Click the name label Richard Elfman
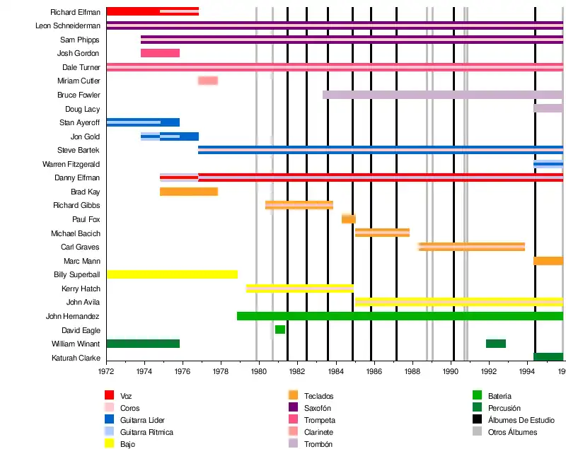point(75,12)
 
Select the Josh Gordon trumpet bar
point(160,53)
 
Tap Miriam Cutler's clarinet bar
point(207,81)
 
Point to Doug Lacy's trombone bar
point(548,108)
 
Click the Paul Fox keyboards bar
point(348,219)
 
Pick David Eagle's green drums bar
point(280,330)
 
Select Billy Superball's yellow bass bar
point(172,274)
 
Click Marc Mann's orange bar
point(548,261)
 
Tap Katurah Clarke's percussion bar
point(548,357)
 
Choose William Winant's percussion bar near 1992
point(495,344)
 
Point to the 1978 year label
point(221,371)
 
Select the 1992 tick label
point(489,371)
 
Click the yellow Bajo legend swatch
point(110,443)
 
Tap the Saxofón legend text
point(318,408)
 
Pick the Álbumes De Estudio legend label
point(521,420)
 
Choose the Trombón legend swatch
point(292,443)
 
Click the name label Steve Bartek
point(79,150)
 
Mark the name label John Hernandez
point(73,316)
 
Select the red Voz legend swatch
point(110,395)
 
